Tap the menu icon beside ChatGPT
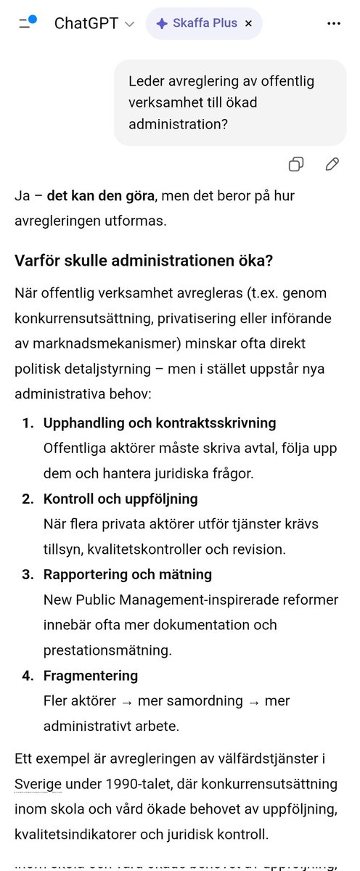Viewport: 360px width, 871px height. coord(28,23)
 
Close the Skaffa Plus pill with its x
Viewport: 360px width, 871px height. coord(248,23)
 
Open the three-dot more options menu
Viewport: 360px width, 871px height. coord(333,23)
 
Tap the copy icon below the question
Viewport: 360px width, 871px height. coord(296,164)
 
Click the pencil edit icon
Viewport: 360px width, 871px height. coord(332,164)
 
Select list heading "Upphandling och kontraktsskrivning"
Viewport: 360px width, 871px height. coord(160,422)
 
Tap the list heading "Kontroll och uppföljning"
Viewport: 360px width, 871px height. coord(120,499)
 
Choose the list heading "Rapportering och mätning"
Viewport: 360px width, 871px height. coord(128,574)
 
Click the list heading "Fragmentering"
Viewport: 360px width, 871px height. coord(91,675)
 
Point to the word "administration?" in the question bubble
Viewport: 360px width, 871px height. coord(179,124)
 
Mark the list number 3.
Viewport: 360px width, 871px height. coord(26,574)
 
